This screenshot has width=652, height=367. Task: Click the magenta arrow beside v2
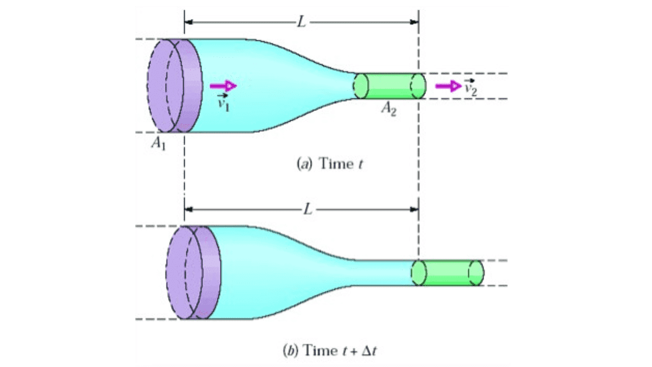tap(448, 86)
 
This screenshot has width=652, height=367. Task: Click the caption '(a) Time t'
tap(329, 164)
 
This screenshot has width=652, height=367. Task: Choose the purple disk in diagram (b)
tap(193, 272)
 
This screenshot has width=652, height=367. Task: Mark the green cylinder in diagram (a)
tap(389, 86)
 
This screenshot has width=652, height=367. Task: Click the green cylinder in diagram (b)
tap(447, 273)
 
